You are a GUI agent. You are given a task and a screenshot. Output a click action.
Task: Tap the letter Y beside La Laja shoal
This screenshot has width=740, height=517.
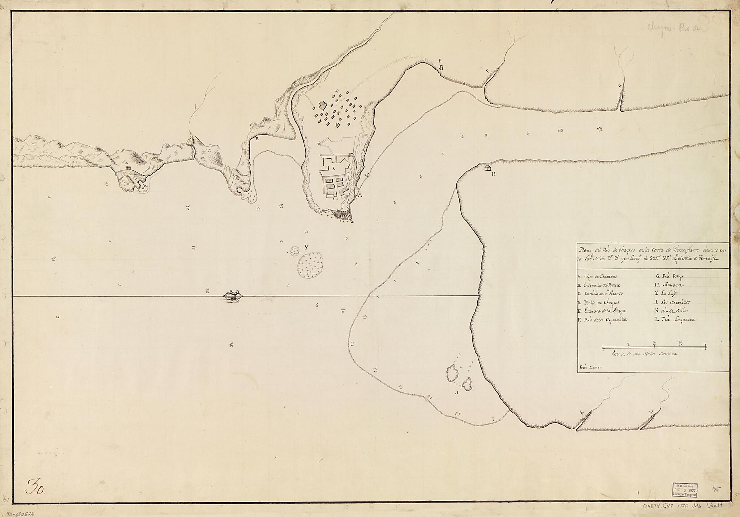coord(306,248)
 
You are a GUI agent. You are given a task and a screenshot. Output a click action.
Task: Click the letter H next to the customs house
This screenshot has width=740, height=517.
coord(493,174)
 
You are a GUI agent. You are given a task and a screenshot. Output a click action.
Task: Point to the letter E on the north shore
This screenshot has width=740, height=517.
coord(440,61)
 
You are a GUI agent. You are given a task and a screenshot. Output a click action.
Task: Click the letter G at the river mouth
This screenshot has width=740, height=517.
coord(620,86)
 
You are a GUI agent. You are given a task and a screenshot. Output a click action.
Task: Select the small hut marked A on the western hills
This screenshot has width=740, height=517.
coord(127,167)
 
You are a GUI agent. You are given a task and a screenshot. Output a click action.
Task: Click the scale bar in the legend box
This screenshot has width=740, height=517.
coord(654,347)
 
